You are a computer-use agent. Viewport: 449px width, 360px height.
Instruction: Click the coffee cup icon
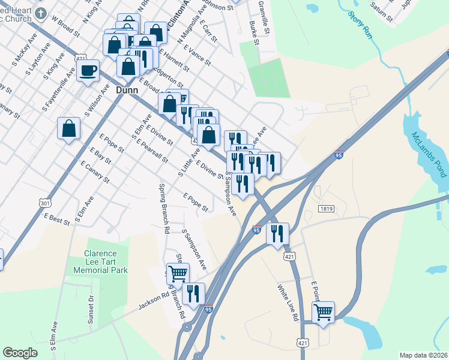coord(88,70)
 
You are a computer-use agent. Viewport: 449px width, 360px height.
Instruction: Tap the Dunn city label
coord(126,91)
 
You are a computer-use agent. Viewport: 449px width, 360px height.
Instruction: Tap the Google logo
coord(20,353)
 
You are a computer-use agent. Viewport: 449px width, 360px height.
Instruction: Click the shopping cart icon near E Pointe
coord(324,312)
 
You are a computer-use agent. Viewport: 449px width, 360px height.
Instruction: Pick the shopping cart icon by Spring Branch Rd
coord(178,274)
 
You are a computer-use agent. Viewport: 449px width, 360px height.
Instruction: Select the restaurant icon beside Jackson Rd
coord(193,294)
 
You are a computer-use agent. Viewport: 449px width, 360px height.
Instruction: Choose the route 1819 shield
coord(327,208)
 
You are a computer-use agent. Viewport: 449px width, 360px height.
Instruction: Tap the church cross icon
coord(41,13)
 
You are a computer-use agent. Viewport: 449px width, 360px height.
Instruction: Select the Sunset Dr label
coord(91,310)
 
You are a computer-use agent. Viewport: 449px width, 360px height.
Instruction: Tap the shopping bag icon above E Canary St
coord(69,128)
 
